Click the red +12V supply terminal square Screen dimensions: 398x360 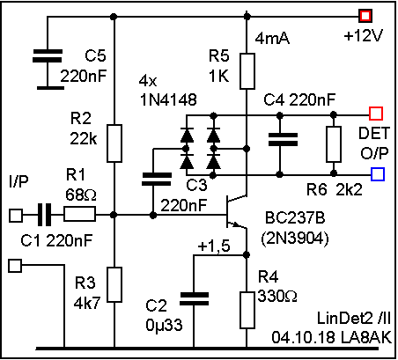[365, 16]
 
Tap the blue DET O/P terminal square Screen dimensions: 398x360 [378, 174]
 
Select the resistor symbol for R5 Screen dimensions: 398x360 [247, 71]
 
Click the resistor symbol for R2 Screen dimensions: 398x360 [114, 143]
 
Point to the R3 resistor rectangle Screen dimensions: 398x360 [114, 284]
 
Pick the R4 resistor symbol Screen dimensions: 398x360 [247, 310]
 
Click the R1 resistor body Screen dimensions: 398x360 [79, 214]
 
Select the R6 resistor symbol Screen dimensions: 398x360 [334, 144]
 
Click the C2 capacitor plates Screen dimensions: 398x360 [194, 298]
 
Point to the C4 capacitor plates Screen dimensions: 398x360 [283, 139]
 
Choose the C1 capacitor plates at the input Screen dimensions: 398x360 [44, 215]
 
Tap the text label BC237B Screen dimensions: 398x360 [295, 218]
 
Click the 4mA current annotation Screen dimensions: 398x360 [272, 38]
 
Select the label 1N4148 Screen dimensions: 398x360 [168, 99]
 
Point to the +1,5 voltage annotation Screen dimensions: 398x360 [214, 246]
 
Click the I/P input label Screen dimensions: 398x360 [18, 181]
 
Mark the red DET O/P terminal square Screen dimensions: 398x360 [376, 114]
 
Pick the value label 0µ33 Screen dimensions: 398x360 [164, 325]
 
